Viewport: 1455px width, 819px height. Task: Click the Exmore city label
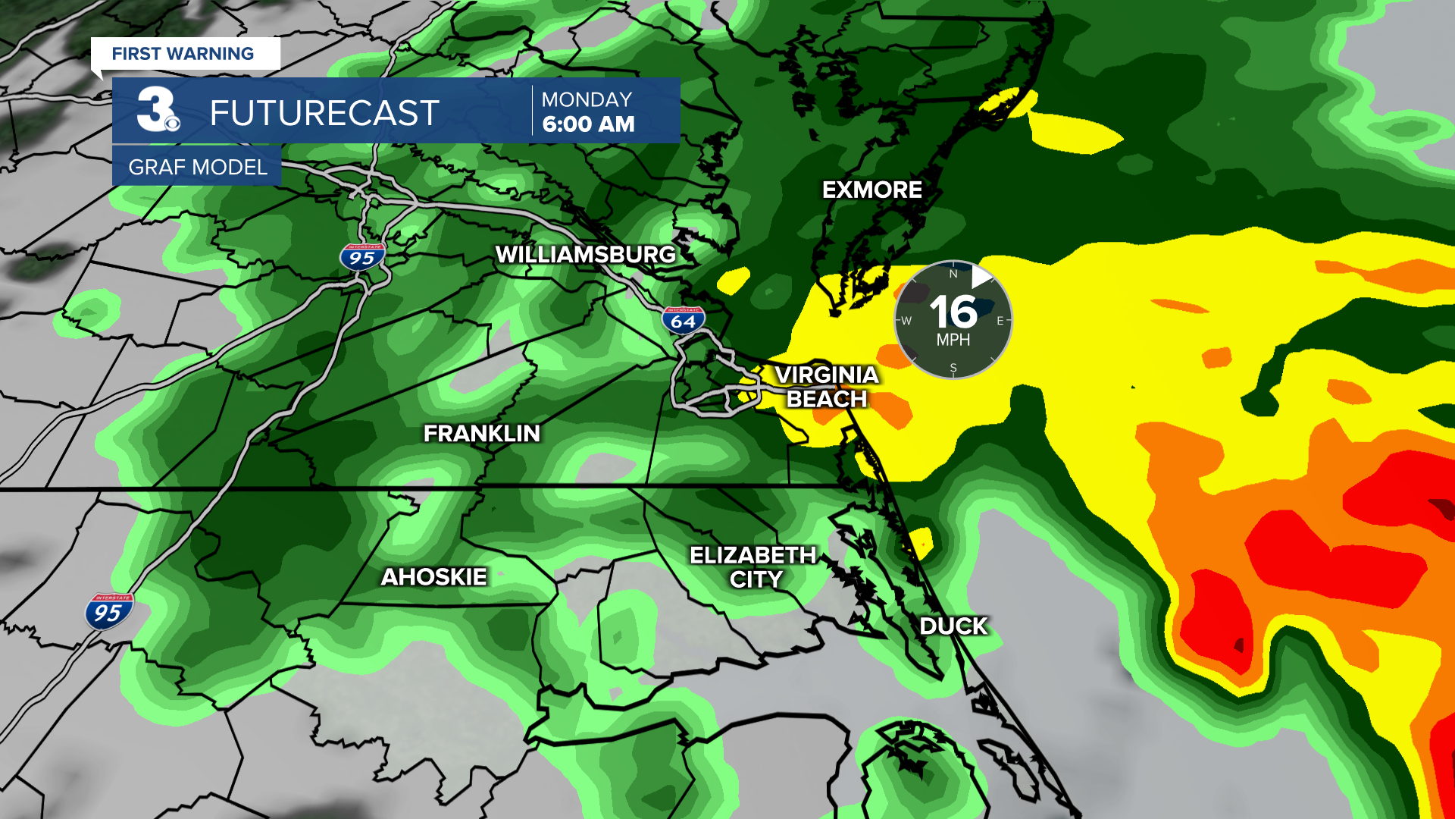[872, 190]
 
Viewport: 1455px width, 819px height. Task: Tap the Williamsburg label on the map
[585, 255]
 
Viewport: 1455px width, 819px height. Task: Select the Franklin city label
[482, 434]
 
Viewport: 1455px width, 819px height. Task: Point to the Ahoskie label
[433, 577]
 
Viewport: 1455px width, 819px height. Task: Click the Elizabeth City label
[753, 567]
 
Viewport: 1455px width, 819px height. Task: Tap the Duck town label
[953, 626]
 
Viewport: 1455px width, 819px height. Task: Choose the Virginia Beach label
[827, 387]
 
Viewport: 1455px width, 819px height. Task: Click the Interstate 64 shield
[683, 320]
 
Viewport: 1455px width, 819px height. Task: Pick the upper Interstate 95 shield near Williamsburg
[362, 257]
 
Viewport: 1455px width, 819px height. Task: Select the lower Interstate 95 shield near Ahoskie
[108, 611]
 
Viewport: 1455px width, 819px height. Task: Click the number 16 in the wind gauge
[953, 312]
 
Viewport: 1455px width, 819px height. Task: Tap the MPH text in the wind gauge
[953, 340]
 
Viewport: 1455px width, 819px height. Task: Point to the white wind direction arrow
[981, 277]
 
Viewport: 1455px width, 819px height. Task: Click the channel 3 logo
[158, 111]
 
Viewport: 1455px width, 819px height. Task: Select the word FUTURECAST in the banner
[324, 114]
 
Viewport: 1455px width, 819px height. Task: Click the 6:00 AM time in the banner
[589, 124]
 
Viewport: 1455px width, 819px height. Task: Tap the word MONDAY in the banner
[587, 99]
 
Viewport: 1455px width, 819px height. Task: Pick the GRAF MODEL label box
[197, 167]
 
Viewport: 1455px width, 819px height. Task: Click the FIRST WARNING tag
[183, 54]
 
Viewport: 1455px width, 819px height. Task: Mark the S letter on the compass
[953, 369]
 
